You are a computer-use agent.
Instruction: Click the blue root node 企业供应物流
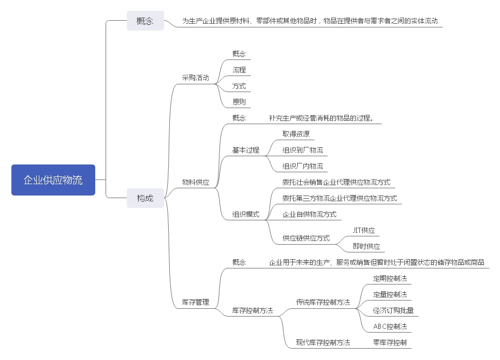click(x=53, y=180)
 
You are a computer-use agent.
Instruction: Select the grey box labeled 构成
click(x=145, y=198)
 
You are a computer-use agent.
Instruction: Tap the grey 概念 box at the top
click(x=145, y=21)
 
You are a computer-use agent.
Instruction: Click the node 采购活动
click(x=196, y=78)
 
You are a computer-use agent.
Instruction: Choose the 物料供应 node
click(x=196, y=182)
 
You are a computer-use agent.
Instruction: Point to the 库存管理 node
click(x=196, y=302)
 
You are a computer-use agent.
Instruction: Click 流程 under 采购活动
click(x=239, y=70)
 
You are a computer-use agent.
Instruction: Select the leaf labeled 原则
click(x=239, y=102)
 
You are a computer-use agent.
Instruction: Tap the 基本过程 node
click(x=246, y=150)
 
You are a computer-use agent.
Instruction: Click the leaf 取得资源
click(x=296, y=134)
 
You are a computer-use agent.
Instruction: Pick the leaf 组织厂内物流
click(x=303, y=166)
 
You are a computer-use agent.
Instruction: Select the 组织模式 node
click(x=246, y=214)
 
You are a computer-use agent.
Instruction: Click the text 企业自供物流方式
click(x=310, y=214)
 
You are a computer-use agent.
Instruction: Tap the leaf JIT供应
click(x=364, y=230)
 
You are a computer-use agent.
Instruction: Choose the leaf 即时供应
click(x=366, y=246)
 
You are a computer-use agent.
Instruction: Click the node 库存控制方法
click(x=253, y=310)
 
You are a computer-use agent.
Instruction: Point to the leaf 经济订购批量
click(x=393, y=310)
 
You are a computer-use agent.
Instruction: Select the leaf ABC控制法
click(x=390, y=326)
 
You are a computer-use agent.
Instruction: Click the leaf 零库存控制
click(x=390, y=342)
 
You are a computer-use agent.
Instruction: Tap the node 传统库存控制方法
click(x=323, y=302)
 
